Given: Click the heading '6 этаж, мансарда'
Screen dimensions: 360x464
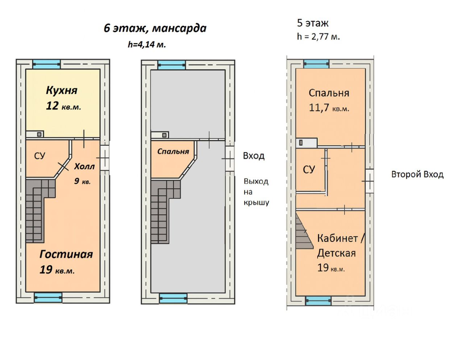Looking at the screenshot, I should [155, 28].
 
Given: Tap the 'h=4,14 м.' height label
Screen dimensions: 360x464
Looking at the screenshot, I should [147, 45].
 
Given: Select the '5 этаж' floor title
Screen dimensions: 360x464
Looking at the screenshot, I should [312, 23].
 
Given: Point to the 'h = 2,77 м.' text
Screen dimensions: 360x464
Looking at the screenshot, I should [318, 36].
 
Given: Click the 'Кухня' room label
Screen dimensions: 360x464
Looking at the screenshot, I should [62, 90].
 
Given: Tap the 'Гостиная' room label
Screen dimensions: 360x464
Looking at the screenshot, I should [66, 254].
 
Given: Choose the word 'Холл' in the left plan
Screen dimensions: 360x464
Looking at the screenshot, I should [84, 166].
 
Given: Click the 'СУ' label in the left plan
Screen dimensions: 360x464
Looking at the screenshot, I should [40, 156].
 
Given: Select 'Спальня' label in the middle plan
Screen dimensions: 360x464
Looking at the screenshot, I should [173, 151].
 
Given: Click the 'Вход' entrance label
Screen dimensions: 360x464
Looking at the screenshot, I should [253, 156].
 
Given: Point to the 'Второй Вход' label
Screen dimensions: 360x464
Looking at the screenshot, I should [417, 174].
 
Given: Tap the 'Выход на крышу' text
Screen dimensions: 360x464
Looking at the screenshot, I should [256, 192].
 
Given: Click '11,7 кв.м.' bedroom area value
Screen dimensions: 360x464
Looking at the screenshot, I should [329, 108].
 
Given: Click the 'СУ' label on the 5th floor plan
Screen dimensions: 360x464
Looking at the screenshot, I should [309, 169].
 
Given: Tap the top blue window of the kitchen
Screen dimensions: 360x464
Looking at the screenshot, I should [46, 64].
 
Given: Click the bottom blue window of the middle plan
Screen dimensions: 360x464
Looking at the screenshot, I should [173, 298].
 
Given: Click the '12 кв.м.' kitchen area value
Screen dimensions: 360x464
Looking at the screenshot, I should [63, 106].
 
